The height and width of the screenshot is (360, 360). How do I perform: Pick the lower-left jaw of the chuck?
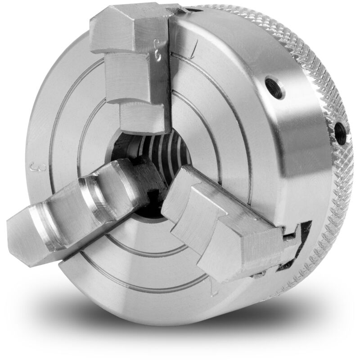point(85,202)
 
